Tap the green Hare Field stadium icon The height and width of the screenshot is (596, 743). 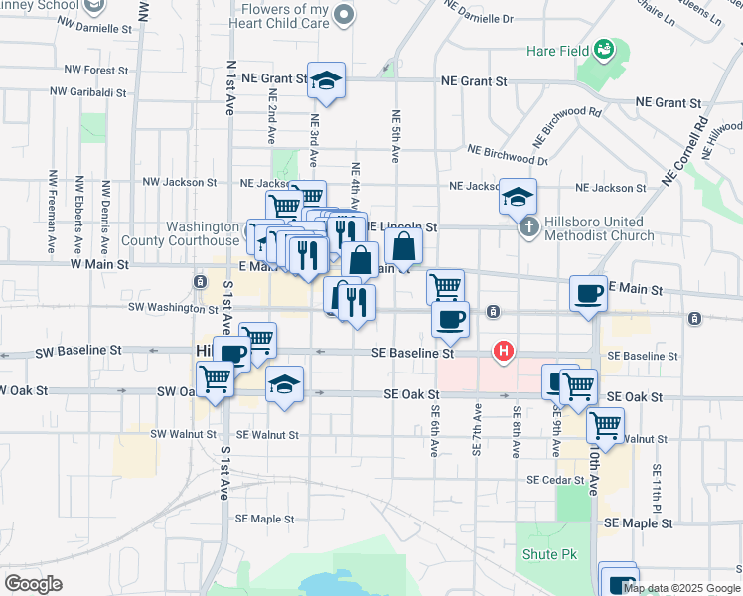coord(603,49)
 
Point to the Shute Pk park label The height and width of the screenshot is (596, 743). coord(541,554)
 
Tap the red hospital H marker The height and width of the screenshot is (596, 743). coord(504,351)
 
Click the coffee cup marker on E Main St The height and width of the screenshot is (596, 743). coord(588,293)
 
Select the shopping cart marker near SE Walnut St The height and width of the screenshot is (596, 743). coord(605,425)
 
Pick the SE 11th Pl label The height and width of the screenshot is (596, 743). coord(657,495)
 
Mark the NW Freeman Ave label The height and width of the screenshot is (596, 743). coord(51,211)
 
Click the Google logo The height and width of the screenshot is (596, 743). coord(33,583)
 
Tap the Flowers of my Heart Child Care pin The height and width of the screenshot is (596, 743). coord(344,14)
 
